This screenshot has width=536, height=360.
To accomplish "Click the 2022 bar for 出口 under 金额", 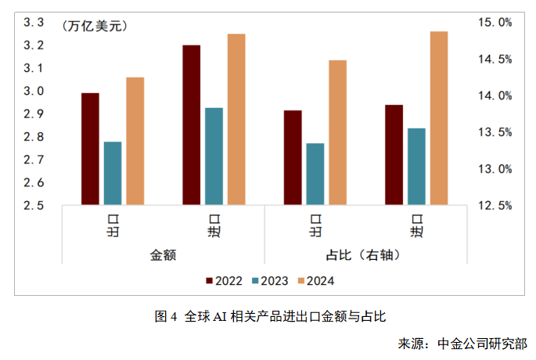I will coord(91,149).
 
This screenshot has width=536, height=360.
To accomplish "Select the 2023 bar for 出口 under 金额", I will coord(113,173).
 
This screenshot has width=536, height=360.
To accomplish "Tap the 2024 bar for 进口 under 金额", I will coord(236,120).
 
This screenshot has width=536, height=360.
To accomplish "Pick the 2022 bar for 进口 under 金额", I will coord(192,125).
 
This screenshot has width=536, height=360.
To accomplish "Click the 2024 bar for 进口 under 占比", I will coord(439,118).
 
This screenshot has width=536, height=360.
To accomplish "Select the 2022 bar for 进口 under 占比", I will coord(394,155).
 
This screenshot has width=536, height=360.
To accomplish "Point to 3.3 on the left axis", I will coord(33,23).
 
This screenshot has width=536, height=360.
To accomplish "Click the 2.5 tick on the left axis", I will coord(33,206).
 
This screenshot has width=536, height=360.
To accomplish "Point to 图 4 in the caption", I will coord(166,317).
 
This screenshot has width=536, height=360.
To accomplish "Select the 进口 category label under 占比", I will coord(417,225).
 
